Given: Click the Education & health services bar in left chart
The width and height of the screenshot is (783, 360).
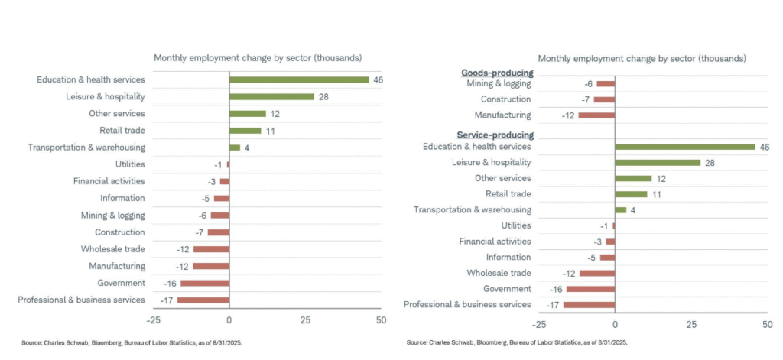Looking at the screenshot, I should (299, 79).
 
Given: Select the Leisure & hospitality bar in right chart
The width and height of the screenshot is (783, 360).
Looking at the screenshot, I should (658, 162).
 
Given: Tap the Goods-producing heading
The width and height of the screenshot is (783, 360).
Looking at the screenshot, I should (497, 73).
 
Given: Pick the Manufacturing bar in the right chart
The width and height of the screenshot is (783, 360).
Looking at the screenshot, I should (596, 115).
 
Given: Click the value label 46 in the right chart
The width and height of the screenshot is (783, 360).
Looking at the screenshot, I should (764, 147).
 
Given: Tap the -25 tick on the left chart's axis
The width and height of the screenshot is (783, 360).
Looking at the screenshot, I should (153, 319).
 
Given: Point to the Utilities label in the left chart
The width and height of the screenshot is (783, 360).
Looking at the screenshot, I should (130, 164).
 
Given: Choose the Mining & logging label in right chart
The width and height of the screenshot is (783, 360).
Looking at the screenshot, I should (499, 83).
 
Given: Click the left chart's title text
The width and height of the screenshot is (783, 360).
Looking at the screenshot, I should (258, 58).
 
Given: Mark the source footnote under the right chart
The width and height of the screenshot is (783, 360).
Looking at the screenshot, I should (517, 342).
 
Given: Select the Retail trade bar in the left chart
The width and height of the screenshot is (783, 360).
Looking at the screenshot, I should (245, 131).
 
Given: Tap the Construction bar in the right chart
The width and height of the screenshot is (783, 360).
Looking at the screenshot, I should (604, 99).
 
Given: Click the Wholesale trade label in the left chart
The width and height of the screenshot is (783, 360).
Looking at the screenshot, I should (113, 249).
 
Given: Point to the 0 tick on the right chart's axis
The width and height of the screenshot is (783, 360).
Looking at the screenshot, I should (615, 324).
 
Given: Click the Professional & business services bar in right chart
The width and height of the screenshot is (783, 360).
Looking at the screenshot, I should (589, 304).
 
